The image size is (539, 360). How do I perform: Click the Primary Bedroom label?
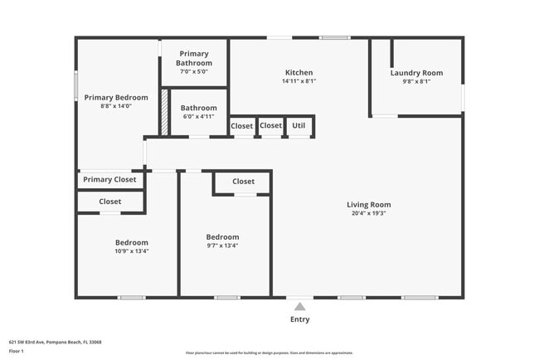[116, 97]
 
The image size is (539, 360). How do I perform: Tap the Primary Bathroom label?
[194, 58]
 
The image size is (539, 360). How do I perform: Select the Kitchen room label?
[299, 71]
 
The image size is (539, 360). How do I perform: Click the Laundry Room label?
[416, 72]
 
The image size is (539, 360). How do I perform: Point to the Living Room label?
[368, 204]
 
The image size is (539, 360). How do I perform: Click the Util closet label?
[299, 126]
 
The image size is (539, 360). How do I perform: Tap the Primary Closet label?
[109, 179]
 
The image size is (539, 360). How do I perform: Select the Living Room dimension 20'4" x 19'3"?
[368, 213]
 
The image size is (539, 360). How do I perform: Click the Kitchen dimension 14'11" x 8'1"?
[299, 81]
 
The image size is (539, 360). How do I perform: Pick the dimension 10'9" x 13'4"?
[132, 251]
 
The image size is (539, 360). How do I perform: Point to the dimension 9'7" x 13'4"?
[222, 246]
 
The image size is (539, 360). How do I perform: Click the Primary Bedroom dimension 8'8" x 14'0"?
[116, 106]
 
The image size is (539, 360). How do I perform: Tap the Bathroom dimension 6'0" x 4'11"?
[198, 117]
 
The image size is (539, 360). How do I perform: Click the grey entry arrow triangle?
[299, 306]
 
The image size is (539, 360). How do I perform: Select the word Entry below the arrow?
[299, 319]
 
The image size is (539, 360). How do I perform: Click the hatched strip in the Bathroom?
[164, 110]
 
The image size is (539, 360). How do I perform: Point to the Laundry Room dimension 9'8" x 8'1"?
[416, 81]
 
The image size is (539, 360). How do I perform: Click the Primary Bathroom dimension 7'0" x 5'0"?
[194, 72]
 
